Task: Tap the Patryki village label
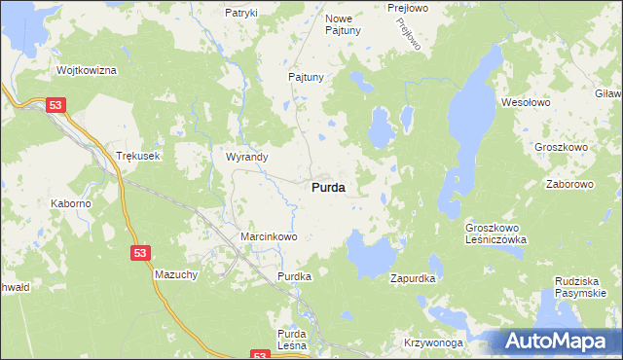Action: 240,13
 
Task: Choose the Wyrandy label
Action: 247,156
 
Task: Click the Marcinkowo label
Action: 268,236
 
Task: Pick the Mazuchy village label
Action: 176,275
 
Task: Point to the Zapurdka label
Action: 413,278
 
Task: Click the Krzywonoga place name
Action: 434,344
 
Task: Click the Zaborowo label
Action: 569,183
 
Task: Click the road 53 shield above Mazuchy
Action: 141,253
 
